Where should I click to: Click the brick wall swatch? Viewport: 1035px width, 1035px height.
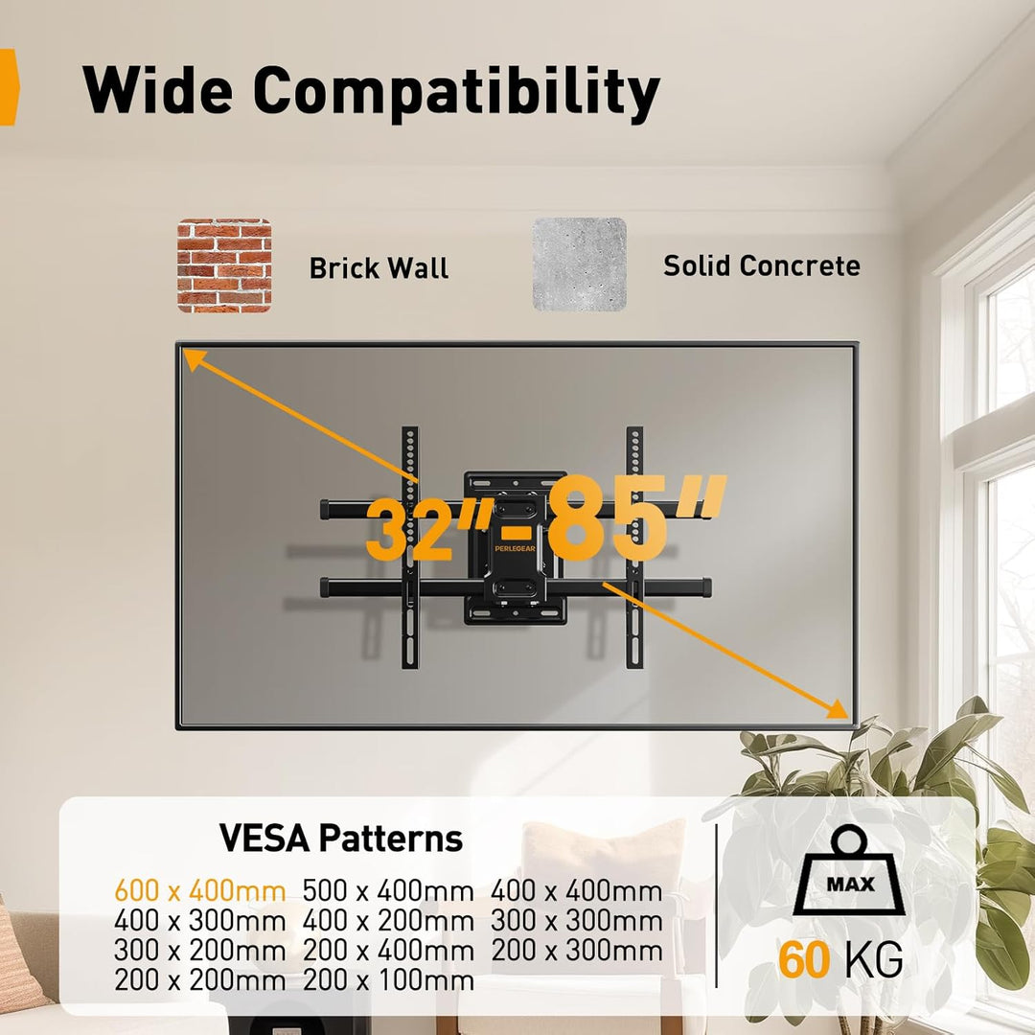pos(224,265)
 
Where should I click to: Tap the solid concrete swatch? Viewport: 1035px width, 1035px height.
pos(580,264)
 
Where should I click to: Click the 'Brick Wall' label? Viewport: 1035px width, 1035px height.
pos(379,268)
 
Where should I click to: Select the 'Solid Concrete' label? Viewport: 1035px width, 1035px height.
pos(762,266)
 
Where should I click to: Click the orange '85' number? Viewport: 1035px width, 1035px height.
pos(604,518)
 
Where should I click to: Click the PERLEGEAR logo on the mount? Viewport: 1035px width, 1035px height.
pos(515,548)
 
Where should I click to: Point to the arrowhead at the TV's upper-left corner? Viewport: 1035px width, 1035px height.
pos(193,359)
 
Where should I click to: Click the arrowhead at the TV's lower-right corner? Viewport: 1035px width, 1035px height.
pos(837,707)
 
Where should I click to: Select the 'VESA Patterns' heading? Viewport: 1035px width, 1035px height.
pos(340,839)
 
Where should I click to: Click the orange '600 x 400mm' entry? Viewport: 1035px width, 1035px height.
pos(200,891)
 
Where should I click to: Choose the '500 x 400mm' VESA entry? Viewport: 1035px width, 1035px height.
pos(388,891)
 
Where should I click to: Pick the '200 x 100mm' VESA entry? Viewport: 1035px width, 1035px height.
pos(388,980)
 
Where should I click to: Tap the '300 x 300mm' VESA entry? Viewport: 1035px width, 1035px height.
pos(577,921)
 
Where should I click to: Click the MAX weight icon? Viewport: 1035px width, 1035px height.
pos(849,870)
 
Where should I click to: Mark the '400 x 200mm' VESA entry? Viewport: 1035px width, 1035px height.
pos(388,921)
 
